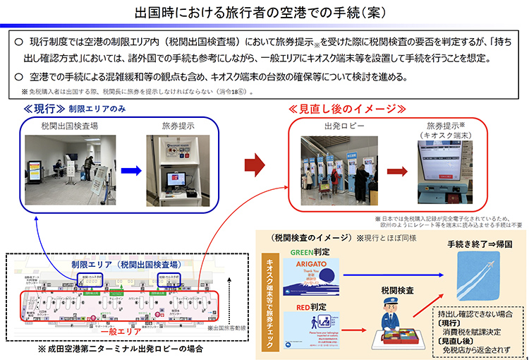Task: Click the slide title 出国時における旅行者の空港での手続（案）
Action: (x=265, y=12)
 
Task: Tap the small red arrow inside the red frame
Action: (x=397, y=172)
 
